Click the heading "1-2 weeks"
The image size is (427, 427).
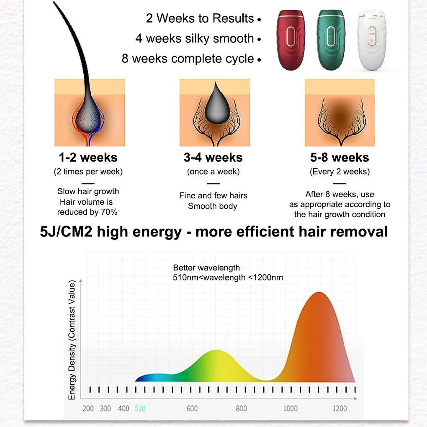tap(88, 158)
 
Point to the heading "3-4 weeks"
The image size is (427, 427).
tap(213, 158)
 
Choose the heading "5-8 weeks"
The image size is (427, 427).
tap(340, 158)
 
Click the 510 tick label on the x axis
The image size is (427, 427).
tap(140, 408)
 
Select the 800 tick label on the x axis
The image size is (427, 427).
tap(241, 408)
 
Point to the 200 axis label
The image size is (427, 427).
tap(88, 408)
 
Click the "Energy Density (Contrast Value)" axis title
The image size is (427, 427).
tap(72, 341)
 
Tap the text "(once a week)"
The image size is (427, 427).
tap(213, 172)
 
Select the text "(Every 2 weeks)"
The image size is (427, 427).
tap(340, 172)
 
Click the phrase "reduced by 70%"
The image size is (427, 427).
tap(87, 212)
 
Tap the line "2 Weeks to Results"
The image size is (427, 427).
tap(200, 18)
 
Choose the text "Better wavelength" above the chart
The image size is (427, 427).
tap(206, 268)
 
